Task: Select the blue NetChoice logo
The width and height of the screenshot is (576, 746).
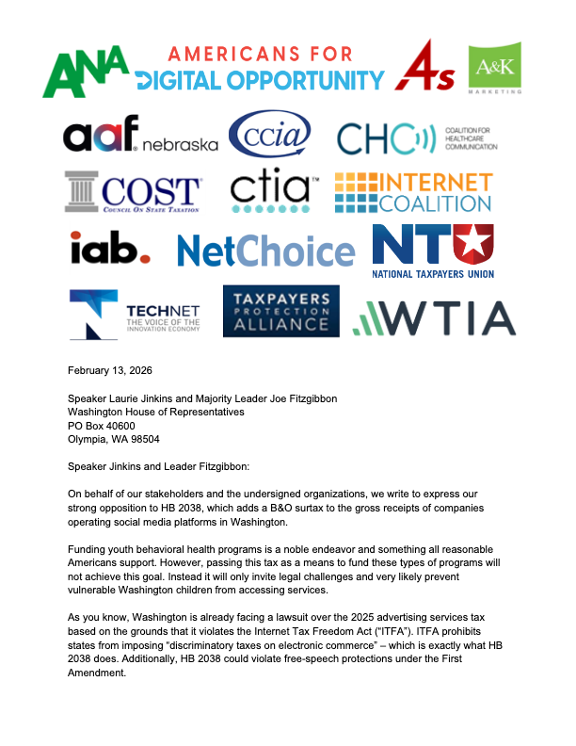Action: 266,251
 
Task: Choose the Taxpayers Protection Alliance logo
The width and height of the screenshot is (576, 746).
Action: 280,312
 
